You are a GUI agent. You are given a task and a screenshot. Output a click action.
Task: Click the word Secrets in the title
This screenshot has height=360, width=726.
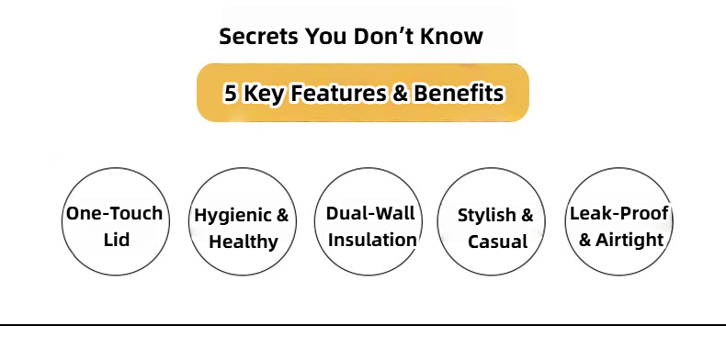pyautogui.click(x=258, y=36)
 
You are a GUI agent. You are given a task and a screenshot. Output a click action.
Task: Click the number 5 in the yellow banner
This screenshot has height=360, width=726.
pyautogui.click(x=231, y=93)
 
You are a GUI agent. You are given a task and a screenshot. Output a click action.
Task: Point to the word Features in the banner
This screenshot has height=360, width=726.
pyautogui.click(x=337, y=93)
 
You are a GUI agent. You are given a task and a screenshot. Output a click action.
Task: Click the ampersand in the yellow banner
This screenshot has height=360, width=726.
pyautogui.click(x=399, y=93)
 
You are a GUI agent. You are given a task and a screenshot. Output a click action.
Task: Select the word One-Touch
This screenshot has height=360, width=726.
pyautogui.click(x=114, y=213)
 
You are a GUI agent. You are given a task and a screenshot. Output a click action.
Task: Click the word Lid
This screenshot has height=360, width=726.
pyautogui.click(x=116, y=240)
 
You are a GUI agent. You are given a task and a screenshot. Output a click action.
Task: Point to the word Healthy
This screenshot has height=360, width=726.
pyautogui.click(x=244, y=242)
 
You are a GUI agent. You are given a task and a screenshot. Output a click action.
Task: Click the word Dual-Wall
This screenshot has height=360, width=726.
pyautogui.click(x=370, y=213)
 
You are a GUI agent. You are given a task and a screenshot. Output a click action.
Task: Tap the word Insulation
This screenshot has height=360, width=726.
pyautogui.click(x=372, y=240)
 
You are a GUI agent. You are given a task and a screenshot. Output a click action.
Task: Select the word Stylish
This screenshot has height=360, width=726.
pyautogui.click(x=487, y=216)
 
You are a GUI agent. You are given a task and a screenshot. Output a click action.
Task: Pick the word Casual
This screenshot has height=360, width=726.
pyautogui.click(x=497, y=242)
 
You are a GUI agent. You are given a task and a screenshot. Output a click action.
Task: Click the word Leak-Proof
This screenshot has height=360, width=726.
pyautogui.click(x=619, y=213)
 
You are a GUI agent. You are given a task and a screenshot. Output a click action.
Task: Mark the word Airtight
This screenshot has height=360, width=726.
pyautogui.click(x=630, y=241)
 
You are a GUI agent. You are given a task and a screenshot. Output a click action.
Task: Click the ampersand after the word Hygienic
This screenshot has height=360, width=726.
pyautogui.click(x=282, y=215)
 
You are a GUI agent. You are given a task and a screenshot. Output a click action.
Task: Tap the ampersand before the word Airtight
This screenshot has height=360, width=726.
pyautogui.click(x=585, y=240)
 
